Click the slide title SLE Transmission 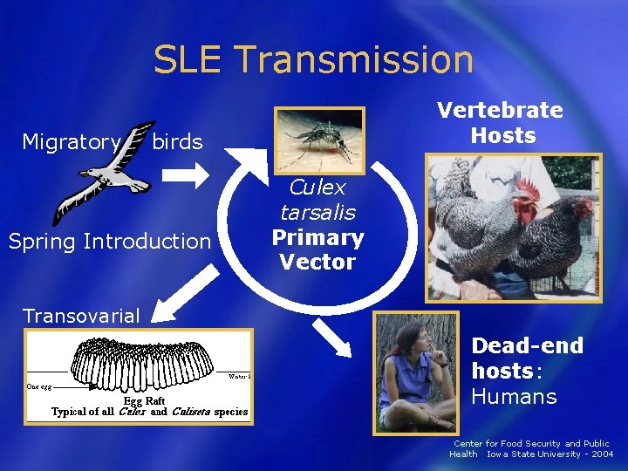point(313,59)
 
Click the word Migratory point(71,142)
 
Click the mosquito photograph point(318,138)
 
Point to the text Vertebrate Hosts point(500,122)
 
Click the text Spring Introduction point(110,241)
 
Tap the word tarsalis point(317,213)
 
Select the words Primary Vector point(317,249)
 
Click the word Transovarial point(81,316)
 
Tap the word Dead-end point(527,346)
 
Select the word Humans point(514,397)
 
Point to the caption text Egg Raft point(149,400)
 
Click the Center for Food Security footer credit point(531,448)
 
